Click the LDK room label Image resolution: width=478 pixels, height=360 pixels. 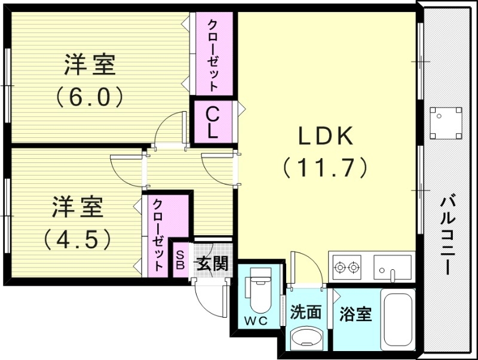point(326,137)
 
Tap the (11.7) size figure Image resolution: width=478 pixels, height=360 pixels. point(326,168)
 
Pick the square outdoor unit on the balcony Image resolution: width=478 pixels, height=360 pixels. point(446,122)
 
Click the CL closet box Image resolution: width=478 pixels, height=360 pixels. point(212,122)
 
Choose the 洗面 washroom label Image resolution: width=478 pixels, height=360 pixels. point(306,313)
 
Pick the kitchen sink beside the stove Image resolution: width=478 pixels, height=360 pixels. point(392,266)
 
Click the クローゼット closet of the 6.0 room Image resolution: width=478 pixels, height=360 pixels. point(212,54)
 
